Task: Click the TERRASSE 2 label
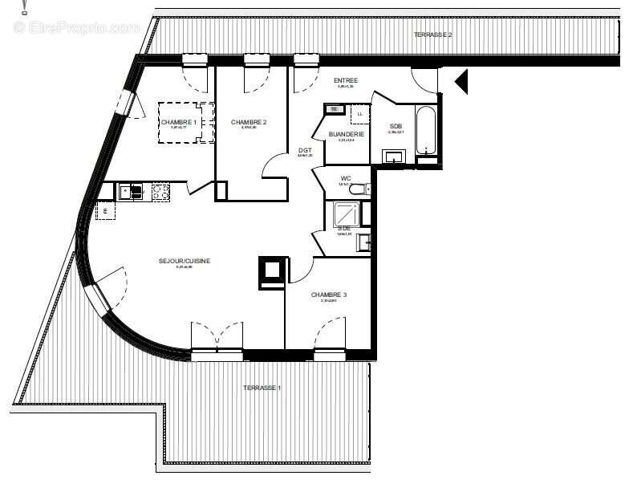432,35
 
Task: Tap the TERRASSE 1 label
262,388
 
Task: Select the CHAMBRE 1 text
178,122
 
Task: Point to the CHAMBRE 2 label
249,122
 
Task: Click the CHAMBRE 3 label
329,295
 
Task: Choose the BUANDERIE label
347,134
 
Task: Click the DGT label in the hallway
305,150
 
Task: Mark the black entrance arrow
461,81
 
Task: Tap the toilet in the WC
359,189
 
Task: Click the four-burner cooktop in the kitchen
160,191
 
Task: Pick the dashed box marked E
103,211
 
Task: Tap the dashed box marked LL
359,115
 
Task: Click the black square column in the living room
271,270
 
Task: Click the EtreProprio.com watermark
76,27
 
